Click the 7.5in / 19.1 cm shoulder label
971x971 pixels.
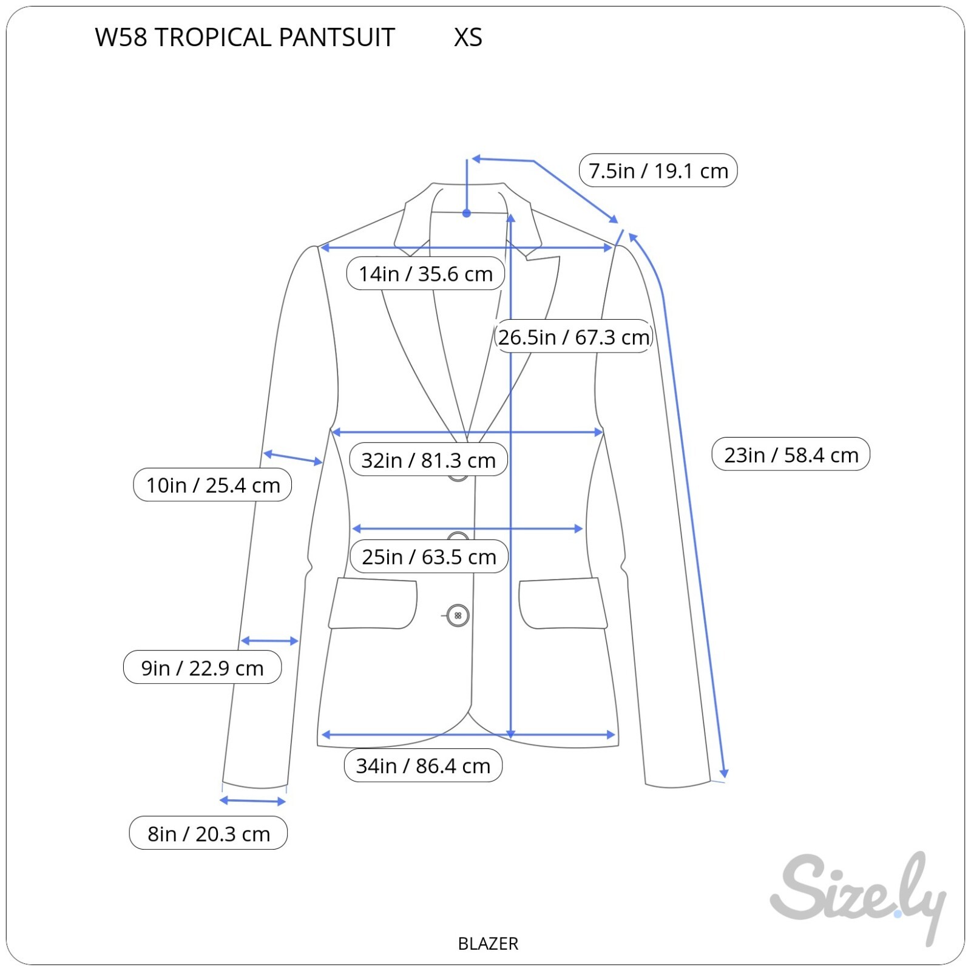(658, 171)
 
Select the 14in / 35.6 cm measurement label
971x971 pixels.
(425, 274)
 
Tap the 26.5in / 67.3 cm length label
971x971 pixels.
(573, 337)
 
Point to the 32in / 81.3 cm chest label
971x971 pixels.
(428, 460)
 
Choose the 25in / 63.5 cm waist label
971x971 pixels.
(429, 557)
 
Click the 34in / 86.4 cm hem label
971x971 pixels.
(423, 765)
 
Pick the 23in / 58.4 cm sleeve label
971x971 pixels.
(791, 454)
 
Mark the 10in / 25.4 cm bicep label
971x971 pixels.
(212, 485)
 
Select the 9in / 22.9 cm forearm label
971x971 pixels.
(202, 668)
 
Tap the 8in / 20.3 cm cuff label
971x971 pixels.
(208, 833)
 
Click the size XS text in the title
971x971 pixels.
(468, 38)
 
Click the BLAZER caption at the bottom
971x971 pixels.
(488, 944)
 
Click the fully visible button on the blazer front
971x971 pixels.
(458, 615)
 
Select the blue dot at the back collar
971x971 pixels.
(467, 214)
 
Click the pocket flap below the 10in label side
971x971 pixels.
(373, 604)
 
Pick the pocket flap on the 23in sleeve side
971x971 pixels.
(563, 604)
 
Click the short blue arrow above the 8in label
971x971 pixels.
(252, 801)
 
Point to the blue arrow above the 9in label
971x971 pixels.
(269, 641)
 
